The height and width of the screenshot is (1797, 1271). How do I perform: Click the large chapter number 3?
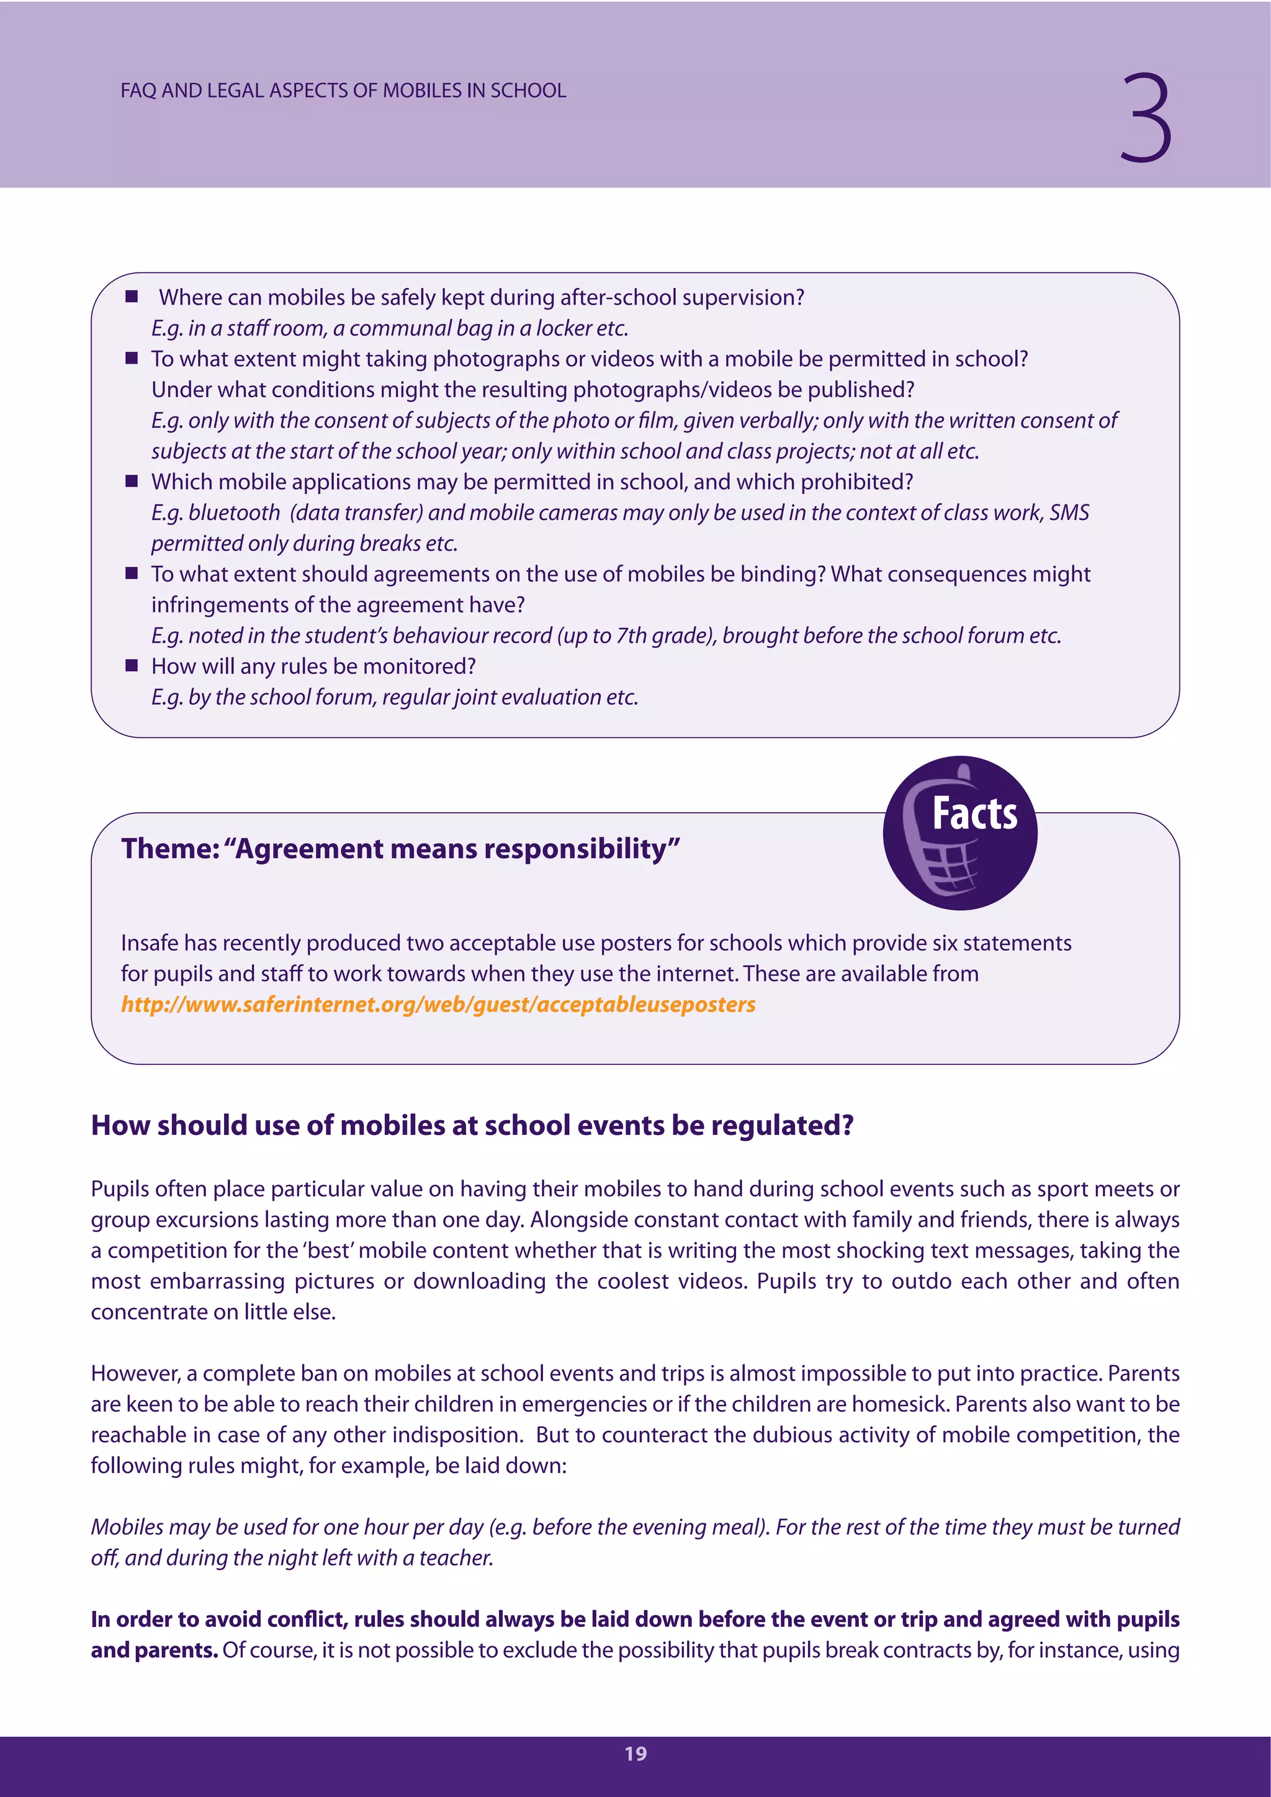pos(1145,118)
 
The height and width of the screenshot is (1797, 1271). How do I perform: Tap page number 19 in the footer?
pos(635,1753)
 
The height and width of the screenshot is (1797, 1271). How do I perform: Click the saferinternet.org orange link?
pos(438,1004)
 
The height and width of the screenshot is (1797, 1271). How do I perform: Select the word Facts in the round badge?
pos(974,813)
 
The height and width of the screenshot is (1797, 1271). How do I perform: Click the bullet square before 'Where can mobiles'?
pos(132,297)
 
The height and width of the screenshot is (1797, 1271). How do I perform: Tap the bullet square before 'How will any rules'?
pos(132,665)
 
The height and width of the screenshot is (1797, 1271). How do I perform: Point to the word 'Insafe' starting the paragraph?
pos(149,943)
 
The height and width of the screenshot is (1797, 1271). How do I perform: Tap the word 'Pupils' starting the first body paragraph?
pos(120,1189)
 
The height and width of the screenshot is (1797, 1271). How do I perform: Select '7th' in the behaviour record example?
pos(631,635)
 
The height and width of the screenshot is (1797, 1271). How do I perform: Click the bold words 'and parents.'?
pos(154,1650)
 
